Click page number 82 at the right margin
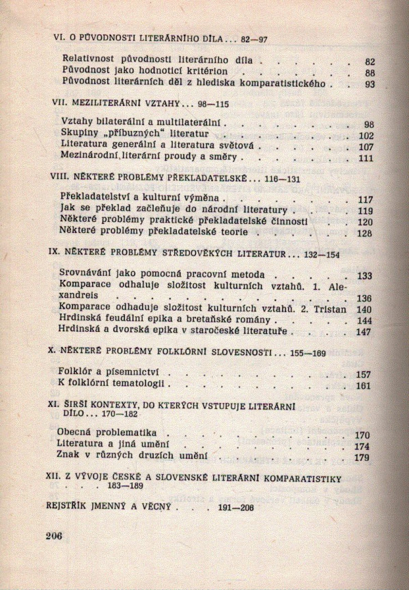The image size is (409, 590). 370,61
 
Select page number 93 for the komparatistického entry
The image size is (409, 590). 370,85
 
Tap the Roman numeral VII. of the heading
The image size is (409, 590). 60,104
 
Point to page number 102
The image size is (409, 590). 367,136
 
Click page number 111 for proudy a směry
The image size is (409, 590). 367,158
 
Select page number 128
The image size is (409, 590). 367,234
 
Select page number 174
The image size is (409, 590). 363,447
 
